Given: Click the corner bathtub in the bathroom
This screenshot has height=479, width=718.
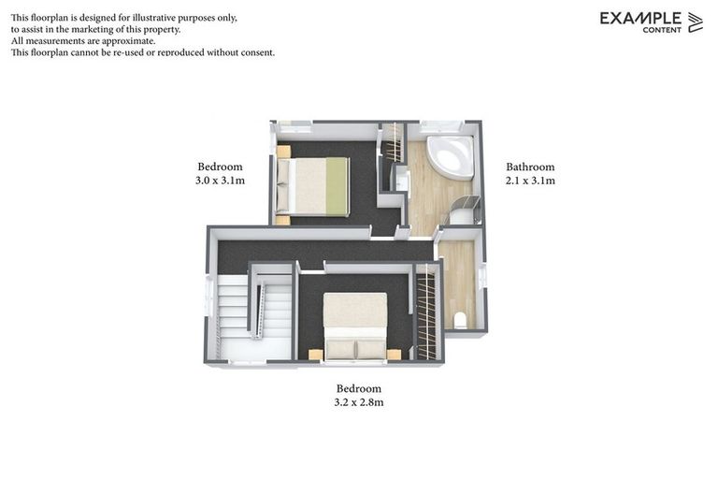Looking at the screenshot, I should (450, 157).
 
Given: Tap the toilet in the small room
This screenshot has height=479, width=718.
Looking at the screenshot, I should (459, 320).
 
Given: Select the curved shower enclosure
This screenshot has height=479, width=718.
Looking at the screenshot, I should (465, 210).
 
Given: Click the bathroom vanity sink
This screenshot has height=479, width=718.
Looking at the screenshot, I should (402, 180).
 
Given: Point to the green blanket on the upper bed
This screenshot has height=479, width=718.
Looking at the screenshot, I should (335, 185).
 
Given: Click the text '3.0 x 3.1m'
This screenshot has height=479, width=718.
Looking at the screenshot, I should (220, 181).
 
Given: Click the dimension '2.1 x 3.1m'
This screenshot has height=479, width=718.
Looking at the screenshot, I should (530, 181).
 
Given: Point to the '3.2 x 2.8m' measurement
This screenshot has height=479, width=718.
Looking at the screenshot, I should (359, 402).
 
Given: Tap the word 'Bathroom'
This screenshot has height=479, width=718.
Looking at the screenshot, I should (530, 167).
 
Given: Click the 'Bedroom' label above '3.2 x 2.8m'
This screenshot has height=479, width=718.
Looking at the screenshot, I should (359, 388).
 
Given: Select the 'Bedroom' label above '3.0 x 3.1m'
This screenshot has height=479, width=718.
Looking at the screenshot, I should (220, 167).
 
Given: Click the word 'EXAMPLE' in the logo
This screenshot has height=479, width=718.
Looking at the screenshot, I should (640, 18).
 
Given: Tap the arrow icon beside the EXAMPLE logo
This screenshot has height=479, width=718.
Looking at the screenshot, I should (695, 22).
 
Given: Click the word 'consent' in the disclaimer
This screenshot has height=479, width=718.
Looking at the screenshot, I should (253, 52).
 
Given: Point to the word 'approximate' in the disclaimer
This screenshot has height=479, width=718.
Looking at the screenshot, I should (120, 41).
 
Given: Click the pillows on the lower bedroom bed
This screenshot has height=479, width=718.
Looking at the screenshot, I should (355, 348).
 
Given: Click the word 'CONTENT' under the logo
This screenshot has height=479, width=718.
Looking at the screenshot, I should (662, 30).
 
